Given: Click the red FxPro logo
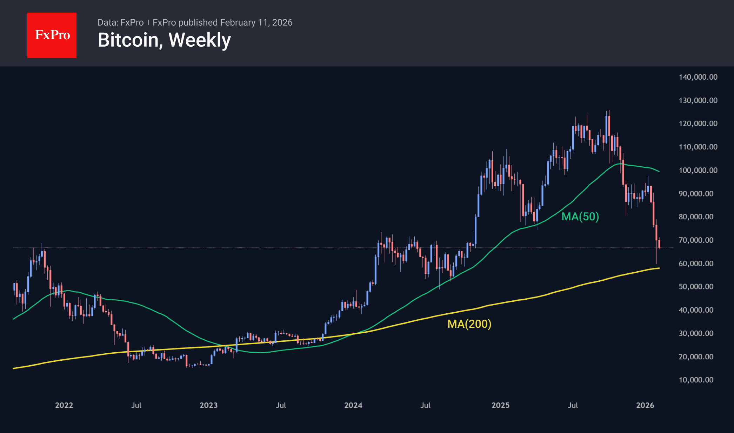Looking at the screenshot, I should click(52, 35).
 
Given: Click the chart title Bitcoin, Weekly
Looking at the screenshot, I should click(164, 40).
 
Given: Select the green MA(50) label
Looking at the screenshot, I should click(580, 216).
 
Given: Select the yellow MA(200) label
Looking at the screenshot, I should click(469, 324).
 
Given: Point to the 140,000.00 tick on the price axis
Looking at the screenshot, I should click(698, 77).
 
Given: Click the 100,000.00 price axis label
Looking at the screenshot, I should click(698, 170).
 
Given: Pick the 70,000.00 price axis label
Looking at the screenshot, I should click(696, 240).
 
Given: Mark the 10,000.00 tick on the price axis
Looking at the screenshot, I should click(696, 380).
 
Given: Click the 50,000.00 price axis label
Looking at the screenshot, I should click(696, 286).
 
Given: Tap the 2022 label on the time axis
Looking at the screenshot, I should click(64, 405).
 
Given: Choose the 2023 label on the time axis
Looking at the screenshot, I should click(208, 405).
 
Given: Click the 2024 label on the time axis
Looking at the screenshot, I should click(353, 405).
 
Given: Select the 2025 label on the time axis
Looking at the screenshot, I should click(500, 405).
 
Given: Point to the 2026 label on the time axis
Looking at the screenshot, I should click(645, 405).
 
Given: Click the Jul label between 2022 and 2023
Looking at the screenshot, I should click(136, 405).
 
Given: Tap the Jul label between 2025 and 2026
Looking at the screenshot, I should click(573, 405).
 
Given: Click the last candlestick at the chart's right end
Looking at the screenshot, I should click(659, 244).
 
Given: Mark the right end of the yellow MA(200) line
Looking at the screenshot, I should click(659, 268).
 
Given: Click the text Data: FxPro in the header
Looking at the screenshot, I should click(120, 22).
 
